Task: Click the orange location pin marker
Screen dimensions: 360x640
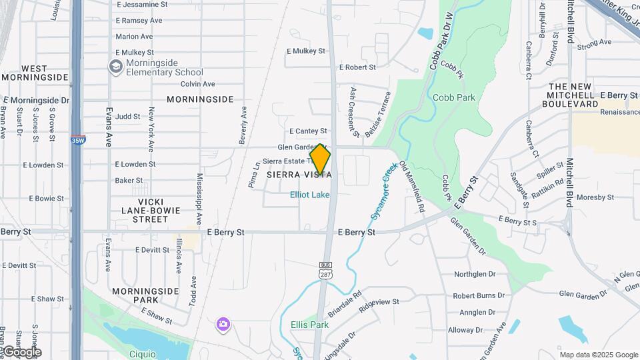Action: coord(321,159)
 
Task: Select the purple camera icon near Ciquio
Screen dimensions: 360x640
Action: coord(223,325)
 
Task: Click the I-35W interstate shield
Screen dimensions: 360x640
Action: coord(77,140)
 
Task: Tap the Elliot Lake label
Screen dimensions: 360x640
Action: coord(309,195)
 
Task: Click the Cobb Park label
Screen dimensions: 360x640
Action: coord(454,97)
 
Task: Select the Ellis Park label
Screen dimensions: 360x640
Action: coord(310,325)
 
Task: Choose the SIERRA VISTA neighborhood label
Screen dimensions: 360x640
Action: coord(299,175)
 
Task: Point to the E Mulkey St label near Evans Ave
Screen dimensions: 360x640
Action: coord(135,52)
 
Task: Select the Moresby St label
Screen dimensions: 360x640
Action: coord(595,198)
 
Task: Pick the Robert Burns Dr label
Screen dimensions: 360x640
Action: coord(479,295)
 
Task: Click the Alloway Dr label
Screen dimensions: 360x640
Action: coord(470,330)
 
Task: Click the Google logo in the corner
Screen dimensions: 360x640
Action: coord(22,352)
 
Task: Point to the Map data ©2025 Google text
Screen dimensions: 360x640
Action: coord(599,355)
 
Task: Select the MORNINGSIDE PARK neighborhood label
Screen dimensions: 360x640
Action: coord(145,295)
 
